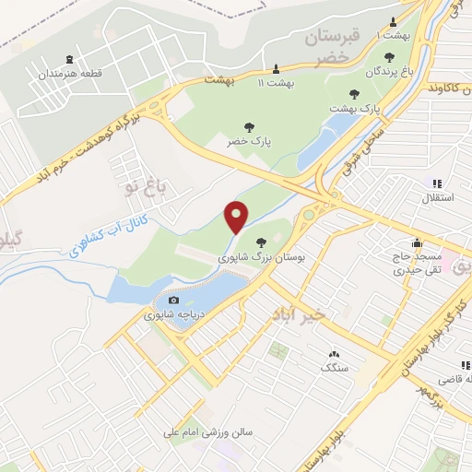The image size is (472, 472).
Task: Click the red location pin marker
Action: [237, 217]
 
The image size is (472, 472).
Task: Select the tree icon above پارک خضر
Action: [246, 126]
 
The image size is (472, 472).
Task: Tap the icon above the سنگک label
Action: [333, 354]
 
